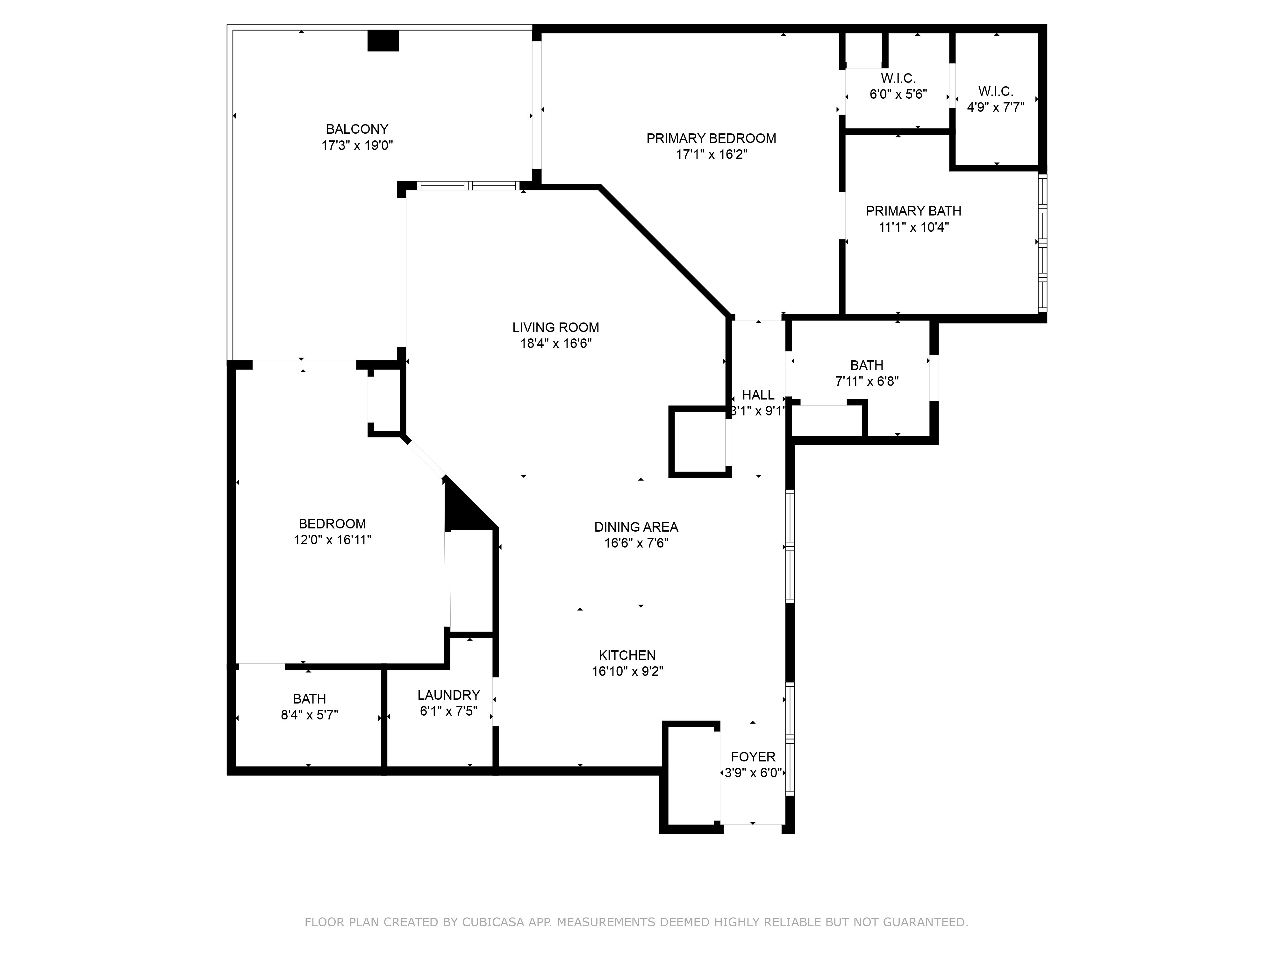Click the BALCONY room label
pyautogui.click(x=357, y=129)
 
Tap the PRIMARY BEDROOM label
pyautogui.click(x=711, y=138)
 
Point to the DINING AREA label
pyautogui.click(x=636, y=527)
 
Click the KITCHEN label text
pyautogui.click(x=627, y=655)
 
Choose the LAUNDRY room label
pyautogui.click(x=449, y=695)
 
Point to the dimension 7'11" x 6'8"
pyautogui.click(x=867, y=381)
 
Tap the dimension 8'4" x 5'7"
pyautogui.click(x=309, y=715)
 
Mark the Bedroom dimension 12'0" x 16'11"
pyautogui.click(x=332, y=540)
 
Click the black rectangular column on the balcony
pyautogui.click(x=383, y=40)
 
